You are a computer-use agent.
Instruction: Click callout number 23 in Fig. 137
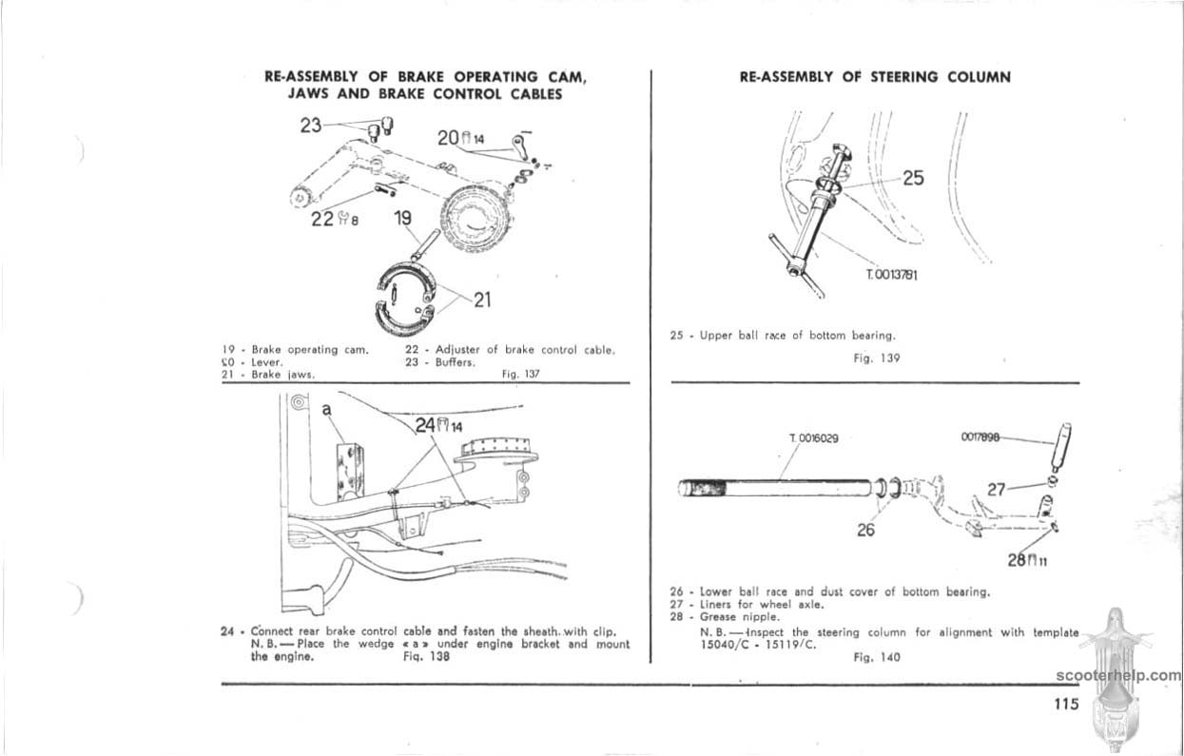(x=311, y=125)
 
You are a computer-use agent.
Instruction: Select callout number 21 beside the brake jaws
(x=482, y=300)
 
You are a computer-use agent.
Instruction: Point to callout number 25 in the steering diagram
(x=913, y=178)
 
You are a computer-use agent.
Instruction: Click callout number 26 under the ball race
(x=865, y=530)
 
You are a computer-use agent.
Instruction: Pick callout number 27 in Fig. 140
(x=996, y=490)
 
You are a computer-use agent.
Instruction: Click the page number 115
(x=1066, y=705)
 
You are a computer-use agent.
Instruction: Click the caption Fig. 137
(x=520, y=374)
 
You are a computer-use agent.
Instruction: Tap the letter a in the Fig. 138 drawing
(x=326, y=409)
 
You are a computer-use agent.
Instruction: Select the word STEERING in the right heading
(x=909, y=77)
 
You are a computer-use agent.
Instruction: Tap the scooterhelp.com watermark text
(x=1117, y=676)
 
